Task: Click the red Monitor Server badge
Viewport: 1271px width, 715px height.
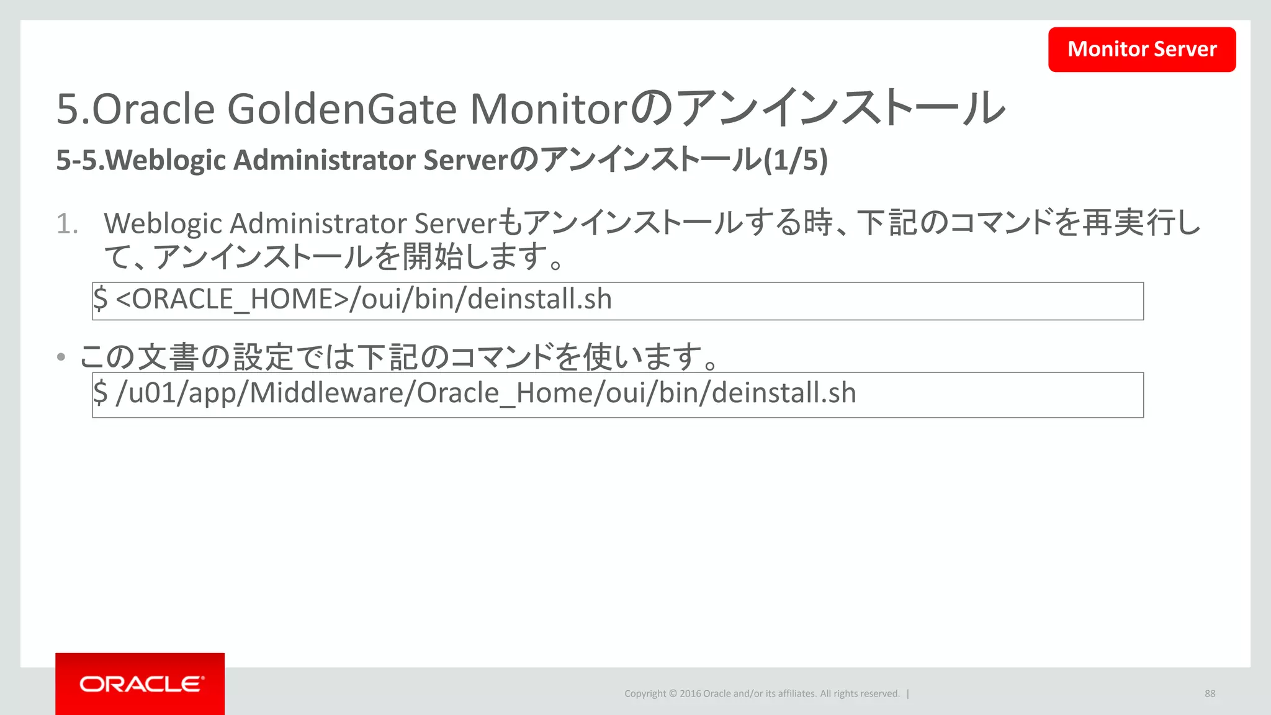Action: click(x=1142, y=49)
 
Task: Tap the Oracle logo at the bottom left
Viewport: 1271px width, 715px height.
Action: click(x=140, y=684)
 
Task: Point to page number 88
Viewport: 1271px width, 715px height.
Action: click(x=1210, y=693)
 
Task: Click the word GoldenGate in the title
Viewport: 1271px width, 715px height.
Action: click(x=342, y=109)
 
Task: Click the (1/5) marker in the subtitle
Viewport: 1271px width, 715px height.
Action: click(x=796, y=160)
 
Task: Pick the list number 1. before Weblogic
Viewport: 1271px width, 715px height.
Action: click(x=67, y=224)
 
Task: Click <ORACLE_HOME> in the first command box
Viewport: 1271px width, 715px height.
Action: click(x=232, y=300)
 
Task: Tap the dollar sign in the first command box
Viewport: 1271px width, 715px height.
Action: click(x=101, y=299)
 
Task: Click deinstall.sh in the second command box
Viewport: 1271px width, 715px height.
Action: click(x=784, y=393)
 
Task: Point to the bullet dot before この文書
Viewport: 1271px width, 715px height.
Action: click(x=61, y=357)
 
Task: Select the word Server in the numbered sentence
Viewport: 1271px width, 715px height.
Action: click(x=456, y=224)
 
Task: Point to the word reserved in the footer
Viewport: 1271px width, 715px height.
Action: click(x=878, y=694)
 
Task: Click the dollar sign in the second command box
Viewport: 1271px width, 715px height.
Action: click(x=101, y=393)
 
